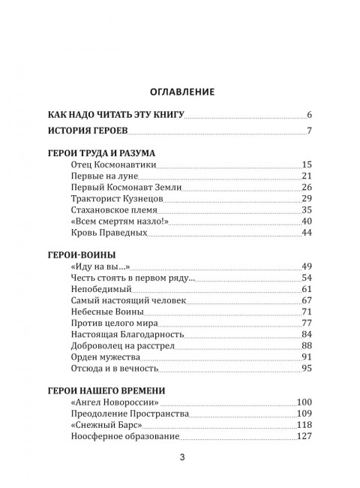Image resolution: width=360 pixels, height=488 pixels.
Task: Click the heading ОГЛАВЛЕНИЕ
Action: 179,92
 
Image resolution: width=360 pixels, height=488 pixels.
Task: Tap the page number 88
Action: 306,345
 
